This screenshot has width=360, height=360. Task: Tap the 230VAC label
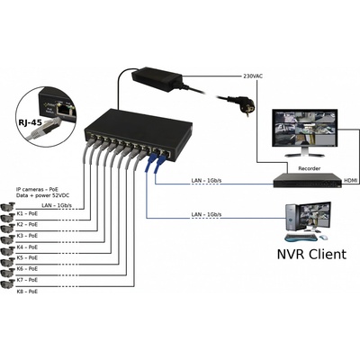coord(252,76)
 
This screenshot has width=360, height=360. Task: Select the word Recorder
coord(309,168)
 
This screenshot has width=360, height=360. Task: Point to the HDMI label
coord(350,180)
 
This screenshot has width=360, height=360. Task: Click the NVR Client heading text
coord(311,254)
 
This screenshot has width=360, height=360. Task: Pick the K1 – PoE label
coord(27,213)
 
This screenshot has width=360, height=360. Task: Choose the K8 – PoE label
coord(27,292)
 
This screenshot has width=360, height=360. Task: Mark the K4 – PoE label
coord(27,247)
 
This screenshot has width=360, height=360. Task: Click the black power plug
coord(242,105)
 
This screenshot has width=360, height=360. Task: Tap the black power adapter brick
coord(157,78)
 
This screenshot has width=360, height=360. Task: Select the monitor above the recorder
coord(305,132)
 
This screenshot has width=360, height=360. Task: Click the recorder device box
coord(308,180)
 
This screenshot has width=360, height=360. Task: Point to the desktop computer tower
coord(292,218)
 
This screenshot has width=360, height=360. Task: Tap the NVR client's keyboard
coord(301,238)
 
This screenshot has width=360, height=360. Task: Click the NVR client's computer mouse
coord(323,238)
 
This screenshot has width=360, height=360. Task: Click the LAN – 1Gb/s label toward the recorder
coord(206,181)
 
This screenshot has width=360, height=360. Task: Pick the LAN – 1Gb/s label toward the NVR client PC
coord(206,214)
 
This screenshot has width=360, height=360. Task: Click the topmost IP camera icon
coord(8,207)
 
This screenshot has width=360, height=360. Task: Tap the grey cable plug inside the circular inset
coord(42,127)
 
